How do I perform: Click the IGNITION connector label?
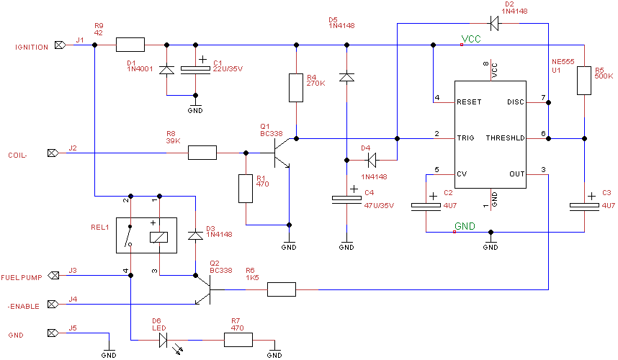[32, 47]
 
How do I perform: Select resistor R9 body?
[130, 45]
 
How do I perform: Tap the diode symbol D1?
[166, 70]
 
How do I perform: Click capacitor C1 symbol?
[195, 69]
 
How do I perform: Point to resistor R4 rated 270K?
[295, 87]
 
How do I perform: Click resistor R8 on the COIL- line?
[202, 153]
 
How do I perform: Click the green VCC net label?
[471, 39]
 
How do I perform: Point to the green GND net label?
[465, 226]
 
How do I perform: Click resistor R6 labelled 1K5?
[281, 289]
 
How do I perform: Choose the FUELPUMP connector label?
[20, 276]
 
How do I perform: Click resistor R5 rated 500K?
[584, 82]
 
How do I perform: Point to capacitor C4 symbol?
[346, 199]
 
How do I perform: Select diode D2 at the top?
[493, 23]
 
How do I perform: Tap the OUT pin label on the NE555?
[517, 174]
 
